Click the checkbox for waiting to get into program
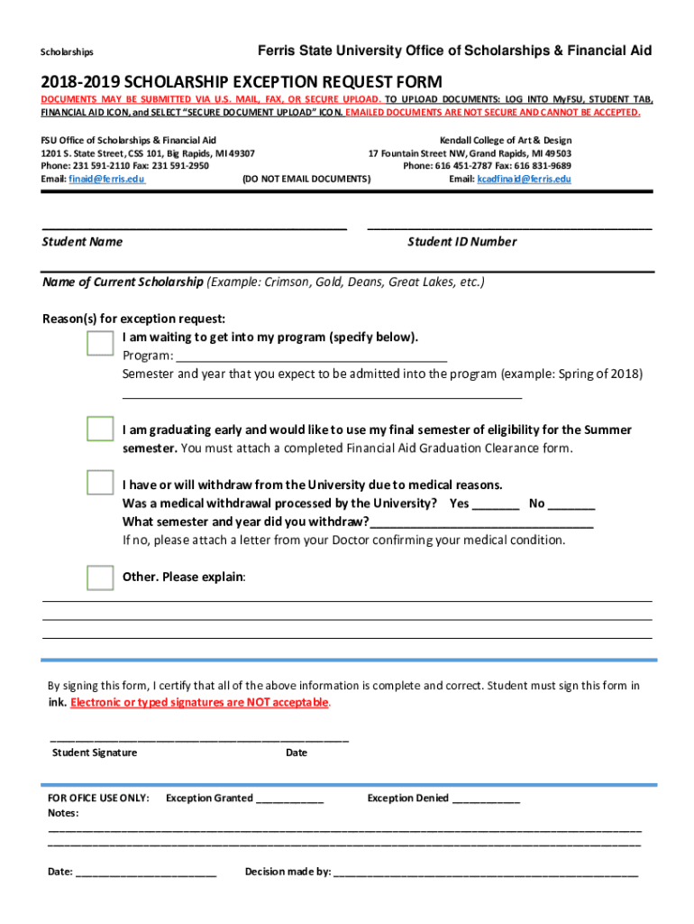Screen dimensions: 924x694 click(100, 343)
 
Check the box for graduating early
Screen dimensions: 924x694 click(100, 429)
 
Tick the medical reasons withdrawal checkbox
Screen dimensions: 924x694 click(100, 483)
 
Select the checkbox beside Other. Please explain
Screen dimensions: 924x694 click(100, 577)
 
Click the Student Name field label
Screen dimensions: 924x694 click(82, 242)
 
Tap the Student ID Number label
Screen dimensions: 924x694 click(462, 242)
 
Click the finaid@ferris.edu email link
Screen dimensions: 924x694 click(106, 180)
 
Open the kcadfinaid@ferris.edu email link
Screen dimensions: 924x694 click(524, 180)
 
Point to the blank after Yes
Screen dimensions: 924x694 click(495, 504)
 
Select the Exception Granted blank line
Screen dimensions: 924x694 click(289, 799)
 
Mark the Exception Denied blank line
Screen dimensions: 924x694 click(485, 799)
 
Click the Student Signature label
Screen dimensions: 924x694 click(95, 753)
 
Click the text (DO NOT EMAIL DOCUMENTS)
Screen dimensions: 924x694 click(306, 180)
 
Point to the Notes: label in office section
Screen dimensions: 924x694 click(62, 812)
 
